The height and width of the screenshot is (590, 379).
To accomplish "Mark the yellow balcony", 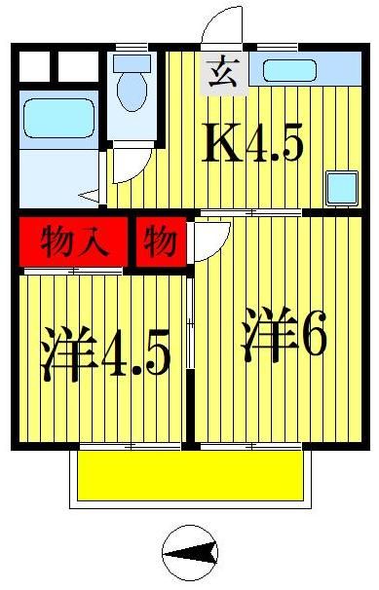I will tap(190, 477).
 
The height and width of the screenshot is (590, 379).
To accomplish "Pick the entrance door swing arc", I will tap(222, 26).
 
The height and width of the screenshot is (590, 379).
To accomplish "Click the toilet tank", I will tap(130, 64).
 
